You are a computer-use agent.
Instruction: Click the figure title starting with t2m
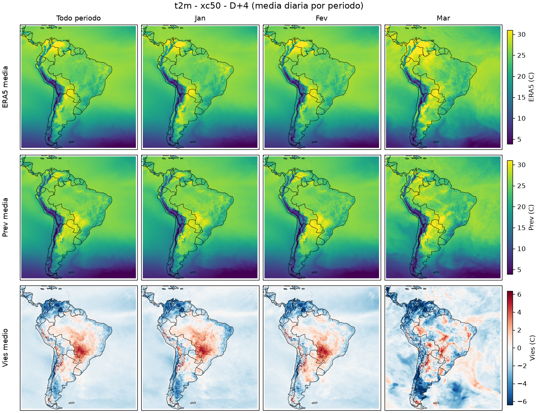point(269,6)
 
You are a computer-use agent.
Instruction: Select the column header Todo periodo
point(79,18)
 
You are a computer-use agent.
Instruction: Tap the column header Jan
point(200,18)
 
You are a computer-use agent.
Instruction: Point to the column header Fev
point(322,18)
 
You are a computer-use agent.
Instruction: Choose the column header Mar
point(443,18)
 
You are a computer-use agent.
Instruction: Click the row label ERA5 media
point(5,87)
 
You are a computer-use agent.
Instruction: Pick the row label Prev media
point(5,217)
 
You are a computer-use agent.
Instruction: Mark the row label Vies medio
point(5,348)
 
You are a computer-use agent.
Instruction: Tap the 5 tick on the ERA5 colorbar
point(520,140)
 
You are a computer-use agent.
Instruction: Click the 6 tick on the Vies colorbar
point(519,294)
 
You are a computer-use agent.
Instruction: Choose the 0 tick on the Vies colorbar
point(519,348)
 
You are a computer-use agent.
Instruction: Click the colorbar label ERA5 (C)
point(531,87)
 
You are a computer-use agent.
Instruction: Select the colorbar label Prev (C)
point(531,217)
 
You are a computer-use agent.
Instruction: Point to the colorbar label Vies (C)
point(531,348)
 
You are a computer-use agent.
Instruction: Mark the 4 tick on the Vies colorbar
point(519,312)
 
